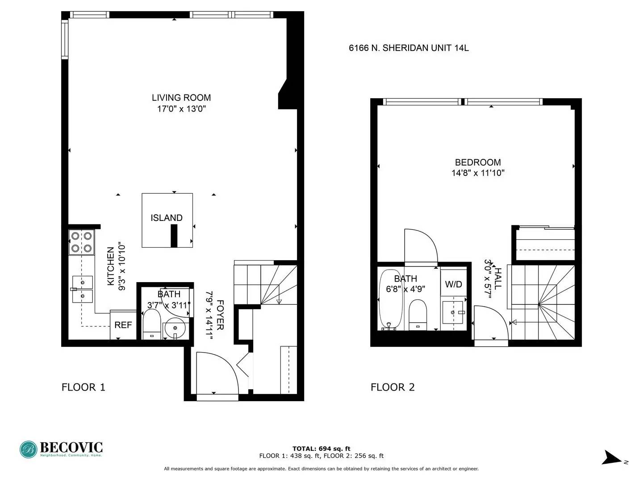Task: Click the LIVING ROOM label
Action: (181, 97)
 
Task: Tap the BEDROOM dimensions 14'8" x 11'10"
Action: (478, 173)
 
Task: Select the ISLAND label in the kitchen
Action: (167, 218)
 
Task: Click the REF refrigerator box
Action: (123, 325)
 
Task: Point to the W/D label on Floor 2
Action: (454, 284)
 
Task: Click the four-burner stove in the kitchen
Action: (81, 242)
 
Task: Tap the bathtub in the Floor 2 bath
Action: (390, 299)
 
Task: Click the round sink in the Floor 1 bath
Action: (175, 328)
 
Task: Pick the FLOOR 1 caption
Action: (83, 387)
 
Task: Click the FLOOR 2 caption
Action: (392, 387)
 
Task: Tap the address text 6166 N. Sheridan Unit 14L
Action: (409, 48)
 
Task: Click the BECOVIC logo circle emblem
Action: (29, 449)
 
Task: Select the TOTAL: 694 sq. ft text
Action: (321, 449)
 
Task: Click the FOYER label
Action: (220, 315)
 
